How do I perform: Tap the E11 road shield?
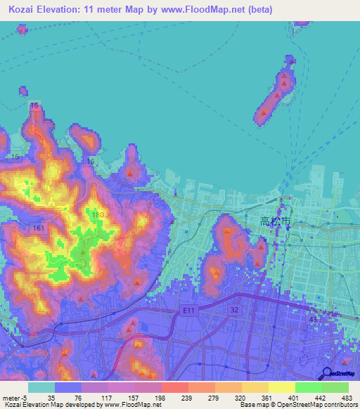[x=187, y=310]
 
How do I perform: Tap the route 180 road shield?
[x=98, y=214]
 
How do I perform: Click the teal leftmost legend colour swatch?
[x=41, y=387]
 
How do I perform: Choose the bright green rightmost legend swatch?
[x=335, y=387]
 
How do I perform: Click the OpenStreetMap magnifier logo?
[x=326, y=373]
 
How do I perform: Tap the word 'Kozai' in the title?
[x=25, y=10]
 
